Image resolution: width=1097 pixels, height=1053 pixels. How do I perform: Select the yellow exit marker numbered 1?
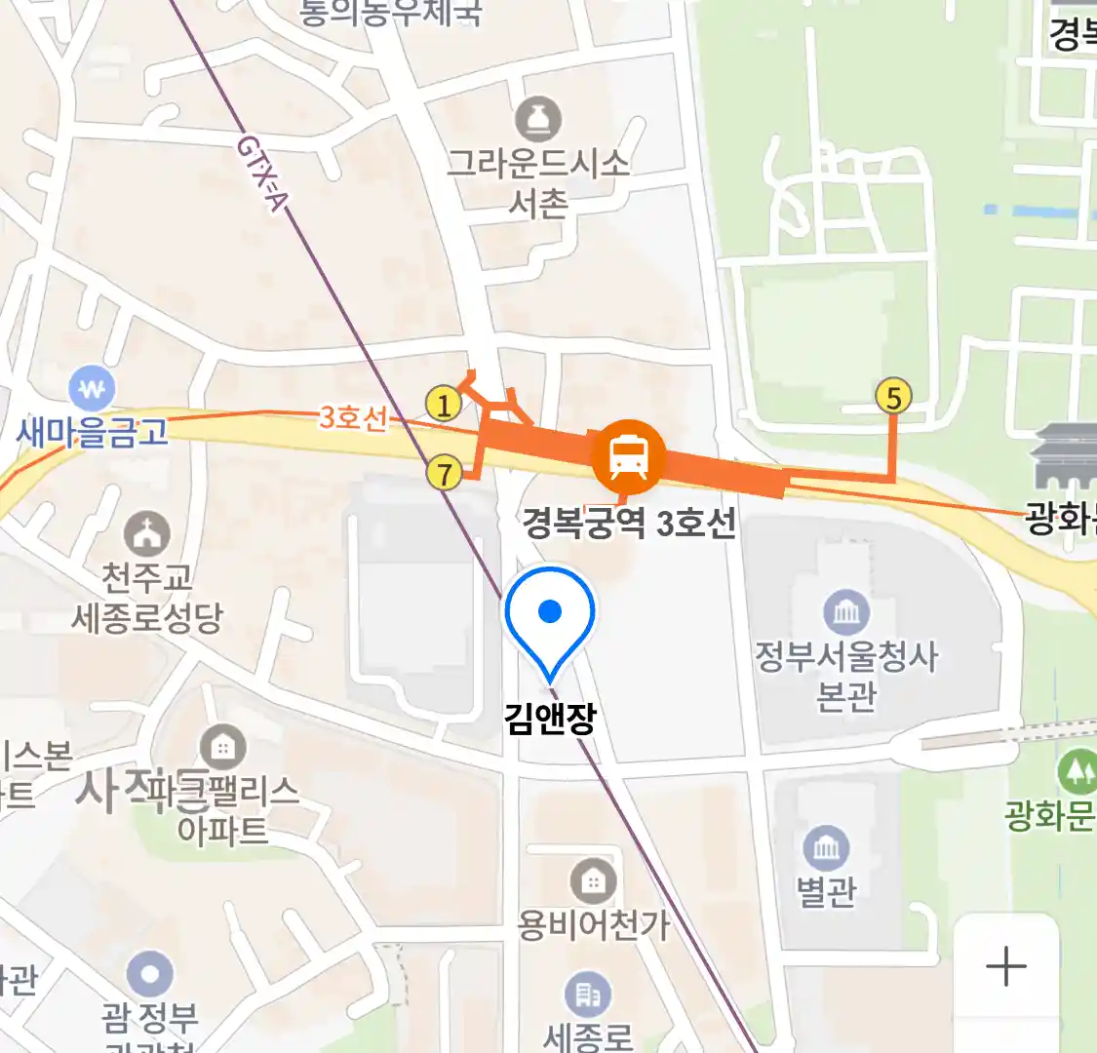444,404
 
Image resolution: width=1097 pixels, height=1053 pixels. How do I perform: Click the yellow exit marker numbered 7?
445,474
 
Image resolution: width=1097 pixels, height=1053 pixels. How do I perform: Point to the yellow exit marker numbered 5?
893,397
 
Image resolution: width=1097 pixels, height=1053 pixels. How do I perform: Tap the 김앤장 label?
550,719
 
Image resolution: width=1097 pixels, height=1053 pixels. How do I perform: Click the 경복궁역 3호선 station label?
629,524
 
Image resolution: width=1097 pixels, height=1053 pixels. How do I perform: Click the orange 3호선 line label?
352,418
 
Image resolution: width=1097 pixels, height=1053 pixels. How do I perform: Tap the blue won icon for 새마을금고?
93,391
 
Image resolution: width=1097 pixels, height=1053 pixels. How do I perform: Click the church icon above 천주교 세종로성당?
147,534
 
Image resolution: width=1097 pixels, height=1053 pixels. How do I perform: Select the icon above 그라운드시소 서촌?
538,120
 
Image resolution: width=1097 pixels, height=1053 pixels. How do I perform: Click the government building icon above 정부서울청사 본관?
846,612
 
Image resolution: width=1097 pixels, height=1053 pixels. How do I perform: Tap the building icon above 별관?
826,848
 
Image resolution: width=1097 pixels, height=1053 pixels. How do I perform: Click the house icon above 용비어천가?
593,882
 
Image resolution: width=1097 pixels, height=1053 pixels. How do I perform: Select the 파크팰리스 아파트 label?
223,809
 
